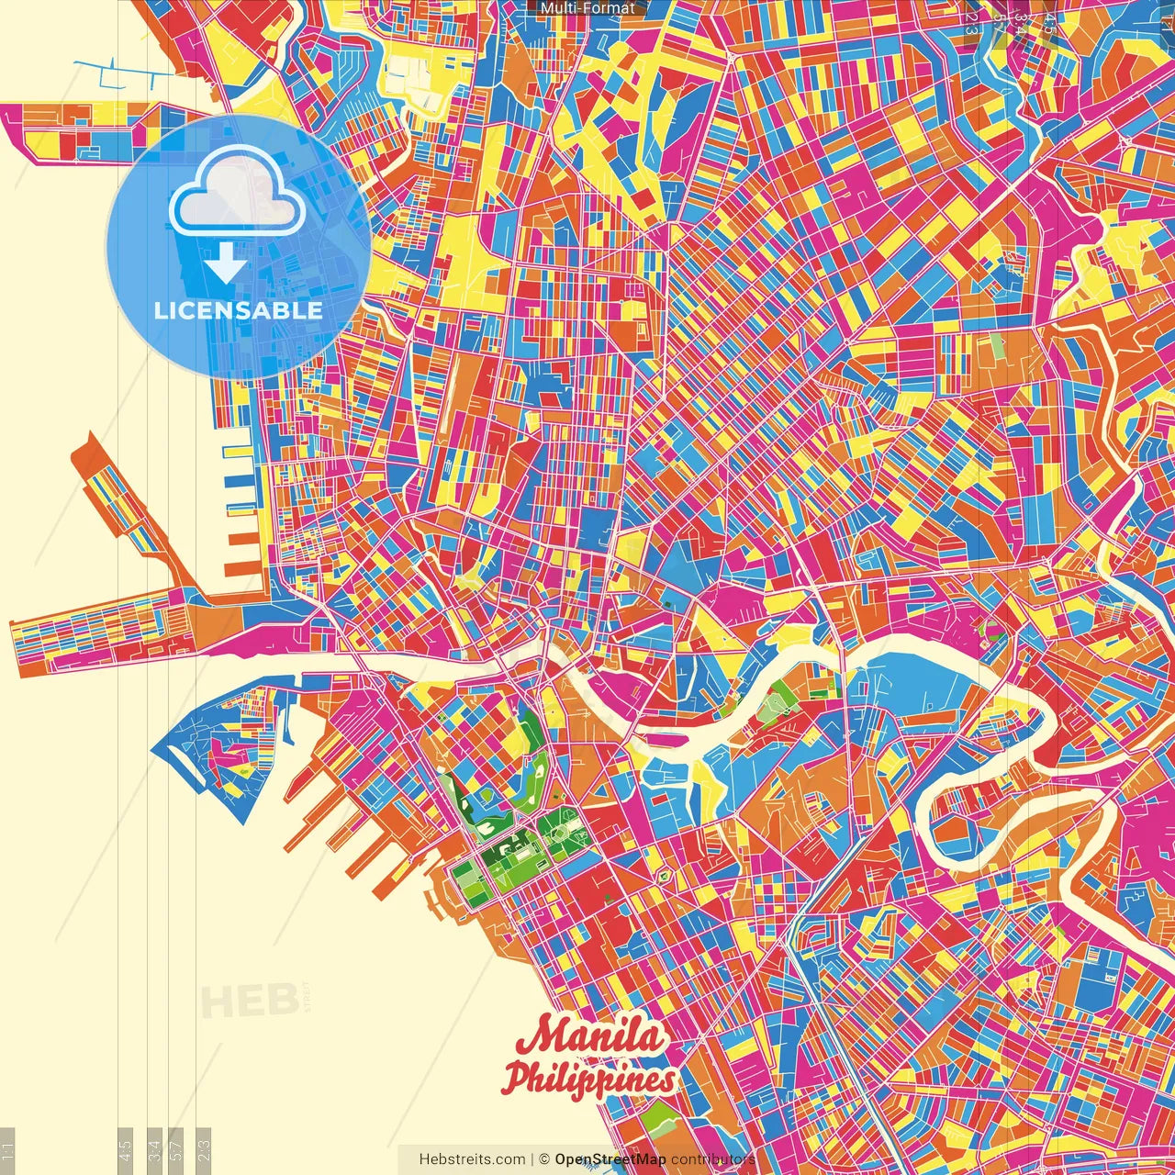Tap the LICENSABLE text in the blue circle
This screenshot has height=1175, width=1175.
point(238,310)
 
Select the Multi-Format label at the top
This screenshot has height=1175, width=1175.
point(587,8)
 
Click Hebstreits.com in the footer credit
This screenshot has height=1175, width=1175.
point(472,1159)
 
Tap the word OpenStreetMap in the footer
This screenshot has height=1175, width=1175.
point(610,1159)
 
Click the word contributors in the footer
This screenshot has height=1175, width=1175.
point(713,1159)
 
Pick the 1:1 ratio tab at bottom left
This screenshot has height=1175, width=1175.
point(8,1150)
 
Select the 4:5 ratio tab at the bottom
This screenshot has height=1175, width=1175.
point(126,1150)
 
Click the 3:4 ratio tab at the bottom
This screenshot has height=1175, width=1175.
point(155,1150)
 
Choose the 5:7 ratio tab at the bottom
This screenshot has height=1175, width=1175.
point(177,1150)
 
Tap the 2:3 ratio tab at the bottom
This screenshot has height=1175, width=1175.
point(204,1150)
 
